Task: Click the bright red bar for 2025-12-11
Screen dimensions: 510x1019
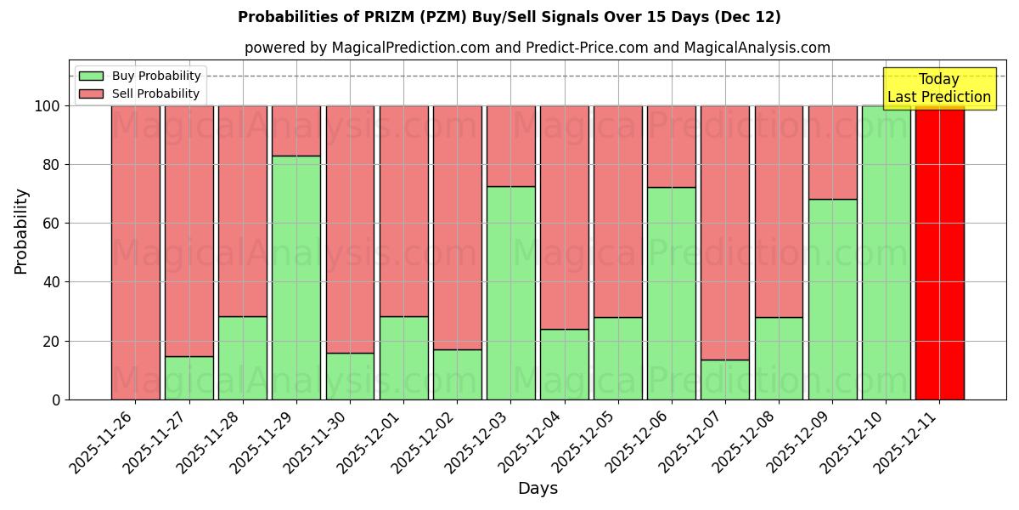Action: pos(939,252)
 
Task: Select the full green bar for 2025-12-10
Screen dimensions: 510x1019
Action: pos(886,252)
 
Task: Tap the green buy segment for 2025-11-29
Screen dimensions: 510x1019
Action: pos(296,278)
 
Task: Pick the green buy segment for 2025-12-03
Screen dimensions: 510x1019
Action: pos(511,293)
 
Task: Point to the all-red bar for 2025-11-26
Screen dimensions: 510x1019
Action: pos(136,252)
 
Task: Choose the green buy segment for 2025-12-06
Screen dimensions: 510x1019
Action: pos(672,293)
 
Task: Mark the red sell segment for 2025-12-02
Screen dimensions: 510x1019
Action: pos(457,227)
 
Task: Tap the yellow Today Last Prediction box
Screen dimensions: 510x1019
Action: pos(938,88)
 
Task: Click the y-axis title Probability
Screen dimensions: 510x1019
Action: pos(21,230)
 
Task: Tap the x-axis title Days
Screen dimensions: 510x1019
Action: pos(538,489)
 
